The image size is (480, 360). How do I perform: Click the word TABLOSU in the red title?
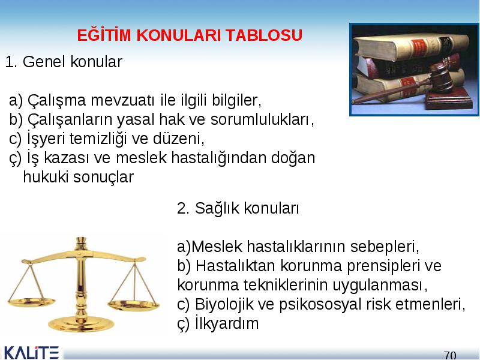click(x=264, y=35)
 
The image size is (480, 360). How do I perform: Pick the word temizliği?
click(x=98, y=139)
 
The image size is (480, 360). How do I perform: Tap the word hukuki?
click(x=46, y=177)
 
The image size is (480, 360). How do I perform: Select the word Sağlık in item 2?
click(x=217, y=209)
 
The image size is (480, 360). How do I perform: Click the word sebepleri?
click(x=384, y=247)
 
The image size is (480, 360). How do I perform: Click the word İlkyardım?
click(x=227, y=323)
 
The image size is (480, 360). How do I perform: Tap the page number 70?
click(x=450, y=355)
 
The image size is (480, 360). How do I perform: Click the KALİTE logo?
click(x=31, y=353)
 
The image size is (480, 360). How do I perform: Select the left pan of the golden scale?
click(x=32, y=302)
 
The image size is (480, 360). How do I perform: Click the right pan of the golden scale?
click(x=134, y=305)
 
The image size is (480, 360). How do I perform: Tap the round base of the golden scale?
click(x=81, y=324)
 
